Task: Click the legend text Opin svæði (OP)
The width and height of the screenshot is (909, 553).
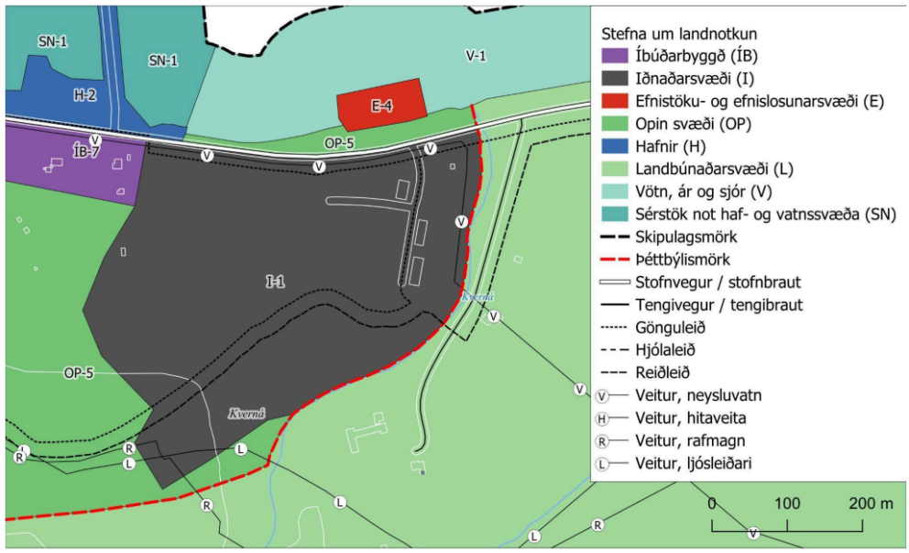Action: click(x=683, y=124)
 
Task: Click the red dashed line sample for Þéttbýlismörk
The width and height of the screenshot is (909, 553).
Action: click(x=611, y=260)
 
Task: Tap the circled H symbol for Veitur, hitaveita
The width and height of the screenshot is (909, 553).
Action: click(x=602, y=418)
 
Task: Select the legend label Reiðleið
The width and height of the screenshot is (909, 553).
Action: click(x=661, y=372)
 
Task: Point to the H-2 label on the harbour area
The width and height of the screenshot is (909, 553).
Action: click(x=84, y=94)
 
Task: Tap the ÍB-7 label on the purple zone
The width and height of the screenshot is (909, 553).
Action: click(x=84, y=152)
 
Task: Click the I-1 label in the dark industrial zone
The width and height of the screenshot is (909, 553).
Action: click(x=275, y=283)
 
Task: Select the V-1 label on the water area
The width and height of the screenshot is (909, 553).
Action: click(x=475, y=56)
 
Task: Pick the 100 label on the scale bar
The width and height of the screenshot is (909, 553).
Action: click(x=787, y=504)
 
